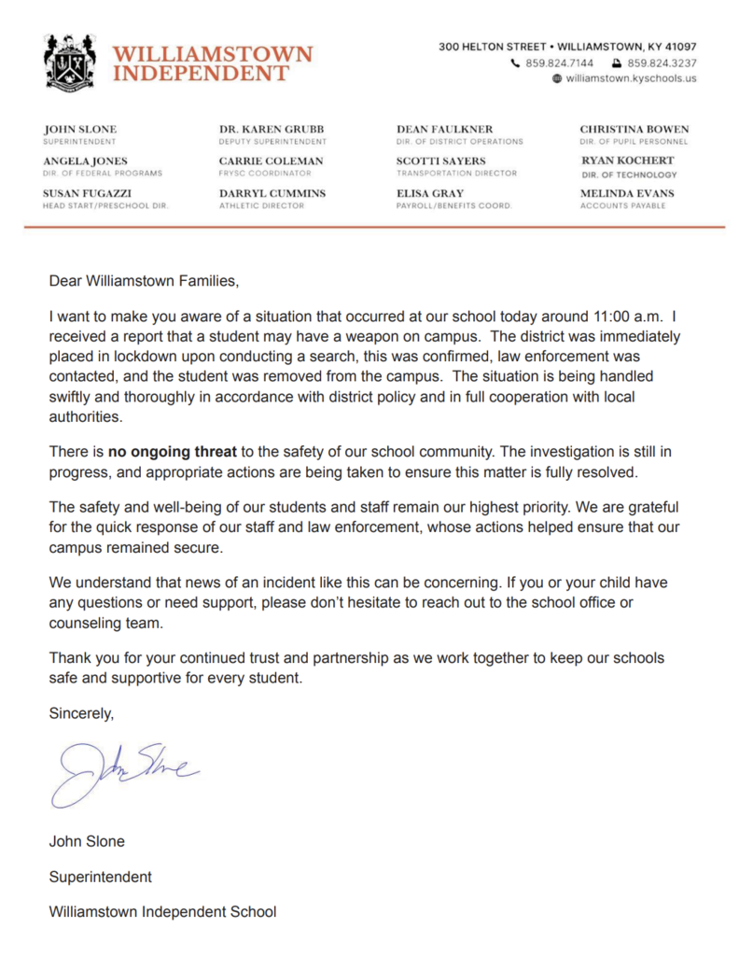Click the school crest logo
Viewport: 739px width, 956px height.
click(x=70, y=63)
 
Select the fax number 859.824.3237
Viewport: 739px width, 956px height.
click(x=662, y=63)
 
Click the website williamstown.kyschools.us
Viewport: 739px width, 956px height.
click(x=631, y=79)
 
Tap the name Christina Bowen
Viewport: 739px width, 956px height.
click(x=634, y=129)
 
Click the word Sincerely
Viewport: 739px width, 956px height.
click(x=80, y=714)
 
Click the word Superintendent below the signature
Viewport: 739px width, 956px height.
click(x=100, y=877)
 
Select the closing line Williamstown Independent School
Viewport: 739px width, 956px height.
click(x=162, y=912)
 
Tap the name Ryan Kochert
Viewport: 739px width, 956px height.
click(x=627, y=161)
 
